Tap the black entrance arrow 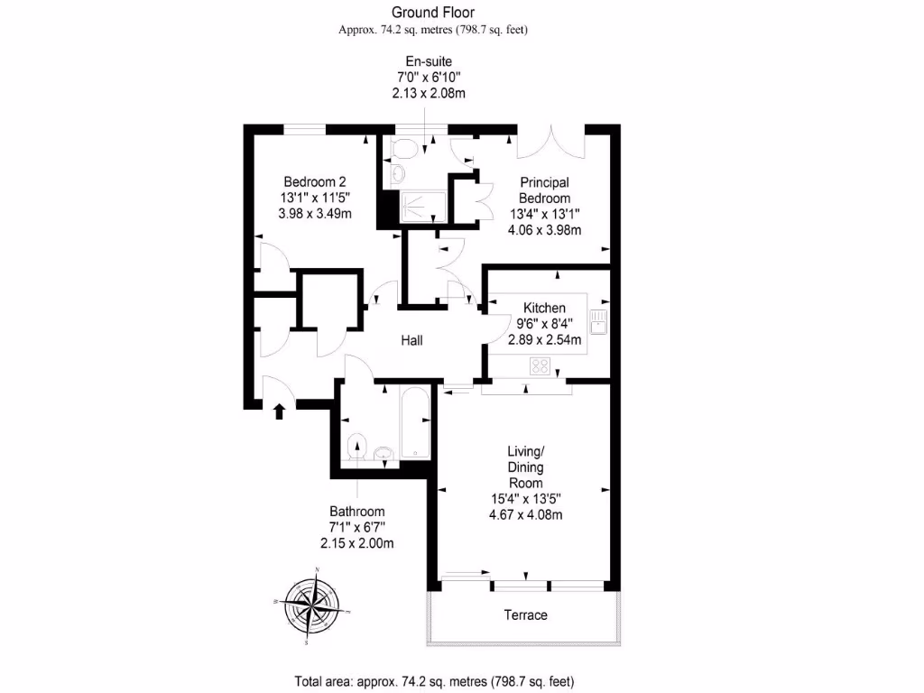click(x=279, y=411)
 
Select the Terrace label click(x=525, y=615)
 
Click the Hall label click(x=412, y=340)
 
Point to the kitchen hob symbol click(x=540, y=365)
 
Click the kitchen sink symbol click(x=598, y=320)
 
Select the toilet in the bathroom click(x=357, y=448)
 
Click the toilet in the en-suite click(x=403, y=148)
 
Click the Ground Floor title click(x=433, y=12)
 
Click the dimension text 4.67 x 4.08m click(x=527, y=515)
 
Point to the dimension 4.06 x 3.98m click(x=545, y=229)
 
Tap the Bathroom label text click(x=356, y=511)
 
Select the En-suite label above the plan click(x=428, y=61)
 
